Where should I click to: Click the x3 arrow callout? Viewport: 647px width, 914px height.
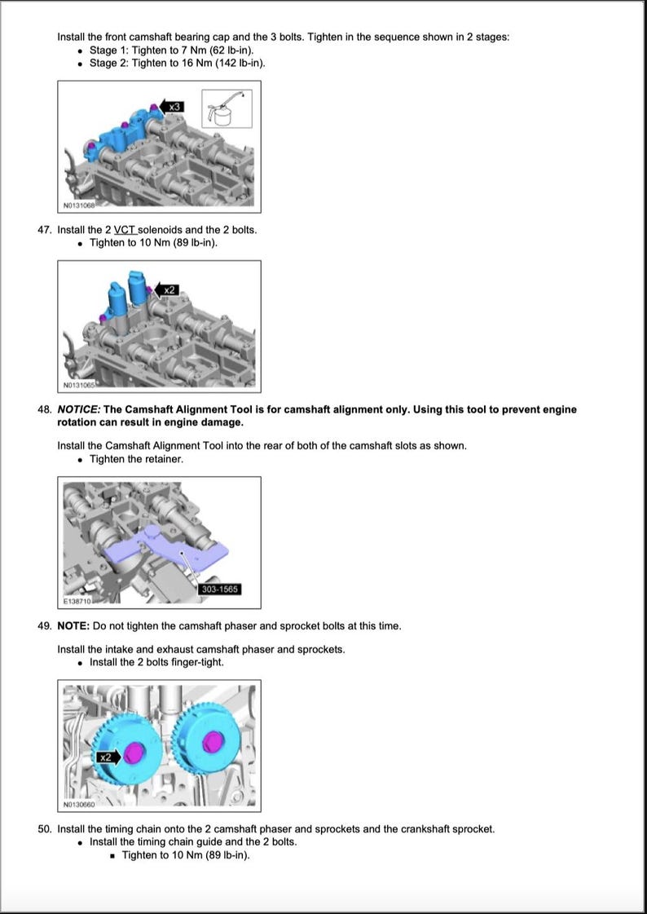click(x=171, y=107)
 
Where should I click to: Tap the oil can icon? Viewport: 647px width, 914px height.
click(x=226, y=108)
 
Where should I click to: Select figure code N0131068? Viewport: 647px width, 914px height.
click(x=78, y=205)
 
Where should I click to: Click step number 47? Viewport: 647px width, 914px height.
click(x=45, y=230)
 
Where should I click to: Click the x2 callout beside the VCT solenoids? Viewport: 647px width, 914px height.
click(x=166, y=289)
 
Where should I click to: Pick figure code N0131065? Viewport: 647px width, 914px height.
click(x=78, y=385)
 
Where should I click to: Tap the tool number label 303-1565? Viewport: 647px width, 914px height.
click(x=220, y=589)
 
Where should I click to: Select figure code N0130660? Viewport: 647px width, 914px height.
click(x=78, y=805)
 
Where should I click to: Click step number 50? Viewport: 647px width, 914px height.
click(x=45, y=829)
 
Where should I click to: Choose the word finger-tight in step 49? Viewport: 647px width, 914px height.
click(x=197, y=662)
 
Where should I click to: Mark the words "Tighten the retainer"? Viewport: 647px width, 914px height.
click(x=136, y=459)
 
